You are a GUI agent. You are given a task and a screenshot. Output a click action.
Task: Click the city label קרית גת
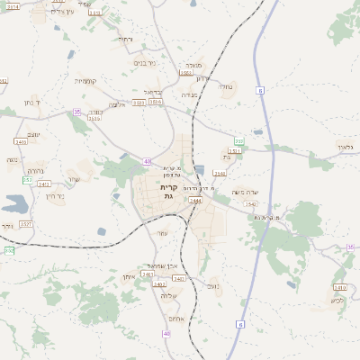coord(167,191)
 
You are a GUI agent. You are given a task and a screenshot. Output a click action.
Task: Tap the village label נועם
coord(212,285)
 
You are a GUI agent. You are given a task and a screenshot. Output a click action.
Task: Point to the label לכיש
coord(337,299)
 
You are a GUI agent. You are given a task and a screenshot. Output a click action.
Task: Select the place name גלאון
coord(350,147)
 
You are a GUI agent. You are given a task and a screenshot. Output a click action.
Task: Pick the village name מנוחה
coord(193,66)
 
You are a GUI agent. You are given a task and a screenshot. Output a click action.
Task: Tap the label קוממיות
coord(85,81)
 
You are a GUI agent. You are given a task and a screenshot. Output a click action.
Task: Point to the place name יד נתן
coord(31,103)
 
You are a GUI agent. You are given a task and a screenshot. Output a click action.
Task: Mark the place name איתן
coord(128,277)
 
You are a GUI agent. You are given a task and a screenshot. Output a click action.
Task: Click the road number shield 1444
coord(196,201)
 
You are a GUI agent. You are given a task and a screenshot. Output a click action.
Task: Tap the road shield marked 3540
coord(220,173)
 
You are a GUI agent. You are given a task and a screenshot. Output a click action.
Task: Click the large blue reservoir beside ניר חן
coord(15,205)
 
